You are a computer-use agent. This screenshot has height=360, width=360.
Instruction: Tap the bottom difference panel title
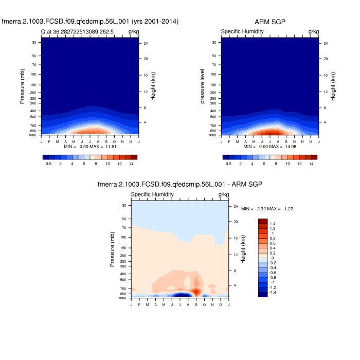click(180, 184)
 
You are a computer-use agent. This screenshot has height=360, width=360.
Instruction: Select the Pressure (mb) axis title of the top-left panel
click(23, 87)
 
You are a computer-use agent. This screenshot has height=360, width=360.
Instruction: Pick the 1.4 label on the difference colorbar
click(273, 224)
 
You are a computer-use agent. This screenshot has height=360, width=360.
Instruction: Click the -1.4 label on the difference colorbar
click(274, 292)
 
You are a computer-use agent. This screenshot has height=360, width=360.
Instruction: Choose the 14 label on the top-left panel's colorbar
click(131, 163)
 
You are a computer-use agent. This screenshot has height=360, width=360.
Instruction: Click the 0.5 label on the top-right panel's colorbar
click(228, 163)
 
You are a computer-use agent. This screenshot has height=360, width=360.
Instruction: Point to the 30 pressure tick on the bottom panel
click(123, 206)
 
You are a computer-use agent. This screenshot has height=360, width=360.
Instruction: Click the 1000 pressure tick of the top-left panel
click(32, 135)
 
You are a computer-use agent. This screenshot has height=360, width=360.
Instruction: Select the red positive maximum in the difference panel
click(196, 291)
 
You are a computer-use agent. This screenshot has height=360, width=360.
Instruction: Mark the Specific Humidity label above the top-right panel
click(242, 32)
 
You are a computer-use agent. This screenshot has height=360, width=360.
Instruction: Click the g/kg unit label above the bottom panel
click(224, 194)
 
